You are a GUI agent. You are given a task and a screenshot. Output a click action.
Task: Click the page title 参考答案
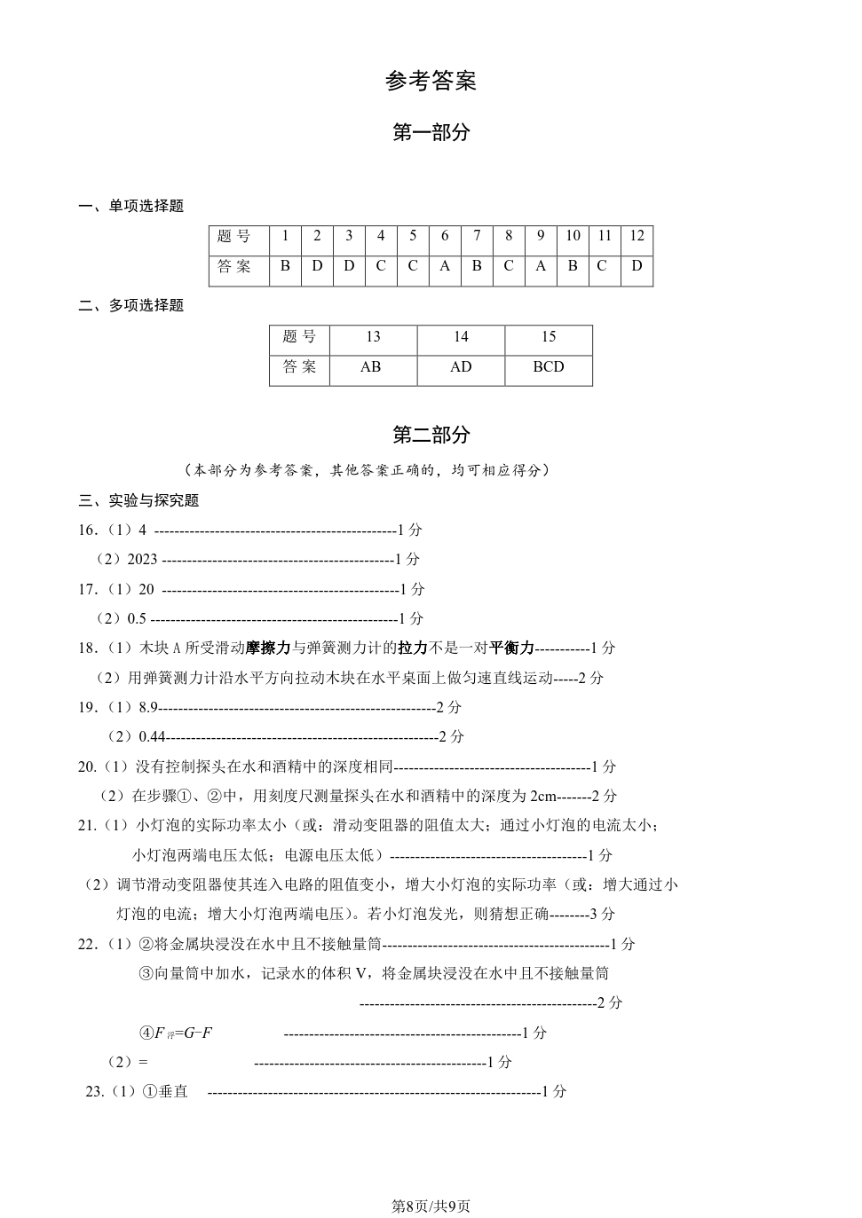click(x=431, y=81)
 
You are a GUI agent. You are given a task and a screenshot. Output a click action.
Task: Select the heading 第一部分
click(x=431, y=132)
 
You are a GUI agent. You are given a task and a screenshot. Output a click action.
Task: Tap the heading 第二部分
click(x=431, y=435)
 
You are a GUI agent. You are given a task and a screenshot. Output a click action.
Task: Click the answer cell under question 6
click(x=445, y=266)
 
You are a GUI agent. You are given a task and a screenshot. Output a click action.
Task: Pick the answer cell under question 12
click(x=637, y=266)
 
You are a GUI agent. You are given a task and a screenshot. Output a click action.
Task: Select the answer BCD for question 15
click(x=548, y=366)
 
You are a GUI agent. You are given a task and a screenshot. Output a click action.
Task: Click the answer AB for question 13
click(x=371, y=366)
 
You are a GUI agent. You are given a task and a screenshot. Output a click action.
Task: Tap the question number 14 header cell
click(x=461, y=337)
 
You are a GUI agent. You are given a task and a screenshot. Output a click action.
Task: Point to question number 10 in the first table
click(x=573, y=236)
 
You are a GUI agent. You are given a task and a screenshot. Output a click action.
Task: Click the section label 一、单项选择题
click(x=131, y=206)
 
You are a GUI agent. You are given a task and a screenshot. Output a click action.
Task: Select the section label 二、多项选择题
click(x=131, y=305)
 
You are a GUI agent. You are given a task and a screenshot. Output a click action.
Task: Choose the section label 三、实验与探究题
click(x=138, y=500)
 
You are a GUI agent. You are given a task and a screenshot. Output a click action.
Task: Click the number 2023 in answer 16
click(x=142, y=559)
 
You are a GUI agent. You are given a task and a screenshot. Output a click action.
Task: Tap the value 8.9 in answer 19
click(x=148, y=707)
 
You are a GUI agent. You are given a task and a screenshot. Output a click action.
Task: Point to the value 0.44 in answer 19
click(x=153, y=736)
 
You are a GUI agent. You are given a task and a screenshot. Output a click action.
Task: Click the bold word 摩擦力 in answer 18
click(x=268, y=648)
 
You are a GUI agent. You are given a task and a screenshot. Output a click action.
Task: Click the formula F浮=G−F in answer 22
click(x=183, y=1033)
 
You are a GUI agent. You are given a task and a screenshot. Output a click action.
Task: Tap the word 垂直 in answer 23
click(x=173, y=1091)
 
